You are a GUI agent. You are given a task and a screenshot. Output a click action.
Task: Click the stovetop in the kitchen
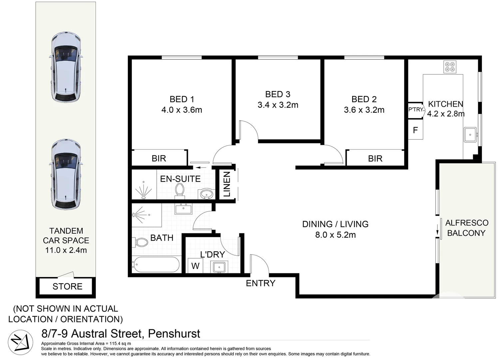click(x=450, y=67)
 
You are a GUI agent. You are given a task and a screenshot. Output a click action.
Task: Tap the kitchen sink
click(x=470, y=135)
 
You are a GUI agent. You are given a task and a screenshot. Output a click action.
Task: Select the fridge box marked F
click(x=415, y=130)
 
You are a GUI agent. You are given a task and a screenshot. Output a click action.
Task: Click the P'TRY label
click(x=416, y=109)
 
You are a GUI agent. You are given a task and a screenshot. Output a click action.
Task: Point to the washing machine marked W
click(x=195, y=266)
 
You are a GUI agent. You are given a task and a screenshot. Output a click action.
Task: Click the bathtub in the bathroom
click(x=156, y=265)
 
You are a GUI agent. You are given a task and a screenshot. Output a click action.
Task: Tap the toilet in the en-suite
click(x=180, y=191)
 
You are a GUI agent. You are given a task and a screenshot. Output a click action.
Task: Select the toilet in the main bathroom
click(x=141, y=242)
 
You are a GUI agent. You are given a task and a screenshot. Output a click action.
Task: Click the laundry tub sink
click(x=219, y=267)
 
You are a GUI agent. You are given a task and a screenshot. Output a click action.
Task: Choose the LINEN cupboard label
click(x=227, y=184)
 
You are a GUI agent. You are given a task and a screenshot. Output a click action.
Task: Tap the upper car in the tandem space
click(x=66, y=67)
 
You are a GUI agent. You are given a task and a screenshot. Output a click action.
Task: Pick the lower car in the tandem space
click(x=66, y=174)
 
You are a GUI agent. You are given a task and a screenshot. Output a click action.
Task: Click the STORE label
click(x=67, y=286)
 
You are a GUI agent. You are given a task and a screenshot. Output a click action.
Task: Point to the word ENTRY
click(x=260, y=283)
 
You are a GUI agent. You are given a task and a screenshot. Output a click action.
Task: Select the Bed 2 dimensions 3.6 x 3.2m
click(x=364, y=110)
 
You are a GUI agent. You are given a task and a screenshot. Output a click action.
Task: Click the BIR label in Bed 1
click(x=159, y=158)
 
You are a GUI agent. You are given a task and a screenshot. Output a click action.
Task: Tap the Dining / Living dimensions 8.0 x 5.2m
click(x=335, y=235)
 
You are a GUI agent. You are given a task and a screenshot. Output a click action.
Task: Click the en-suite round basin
click(x=207, y=194)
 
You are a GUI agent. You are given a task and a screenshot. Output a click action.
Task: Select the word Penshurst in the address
click(x=174, y=333)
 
